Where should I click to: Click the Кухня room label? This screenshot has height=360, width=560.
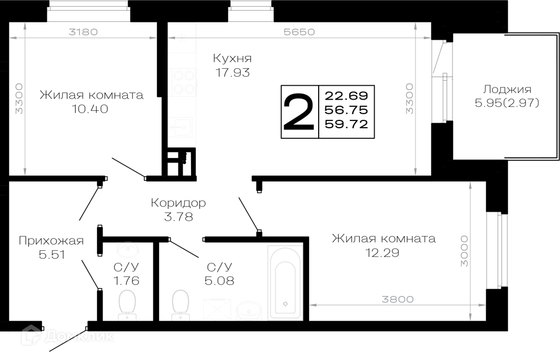tap(232, 58)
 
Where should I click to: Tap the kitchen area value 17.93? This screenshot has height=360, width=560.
tap(232, 72)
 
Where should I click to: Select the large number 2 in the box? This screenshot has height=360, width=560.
tap(299, 112)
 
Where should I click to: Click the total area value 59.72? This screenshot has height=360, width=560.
tap(346, 124)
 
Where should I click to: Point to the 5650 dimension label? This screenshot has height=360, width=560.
tap(299, 32)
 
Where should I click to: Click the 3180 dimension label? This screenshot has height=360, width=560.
tap(83, 32)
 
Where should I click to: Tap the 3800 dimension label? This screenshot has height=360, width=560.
tap(398, 299)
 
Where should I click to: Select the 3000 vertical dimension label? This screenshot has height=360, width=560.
tap(464, 251)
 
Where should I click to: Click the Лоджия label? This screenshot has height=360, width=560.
tap(507, 89)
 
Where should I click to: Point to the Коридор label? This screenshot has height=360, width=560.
tap(178, 203)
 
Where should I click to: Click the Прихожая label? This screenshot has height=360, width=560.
tap(51, 241)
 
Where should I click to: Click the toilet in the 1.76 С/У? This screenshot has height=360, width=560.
tap(127, 305)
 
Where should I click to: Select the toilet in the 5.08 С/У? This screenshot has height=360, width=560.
tap(180, 305)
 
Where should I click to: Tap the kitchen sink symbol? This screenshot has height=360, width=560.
tap(182, 127)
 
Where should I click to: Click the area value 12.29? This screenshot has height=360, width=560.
tap(382, 253)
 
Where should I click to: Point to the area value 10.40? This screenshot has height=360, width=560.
tap(90, 109)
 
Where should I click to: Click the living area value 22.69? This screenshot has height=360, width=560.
tap(346, 96)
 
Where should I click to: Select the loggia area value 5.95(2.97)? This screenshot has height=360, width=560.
tap(507, 103)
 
